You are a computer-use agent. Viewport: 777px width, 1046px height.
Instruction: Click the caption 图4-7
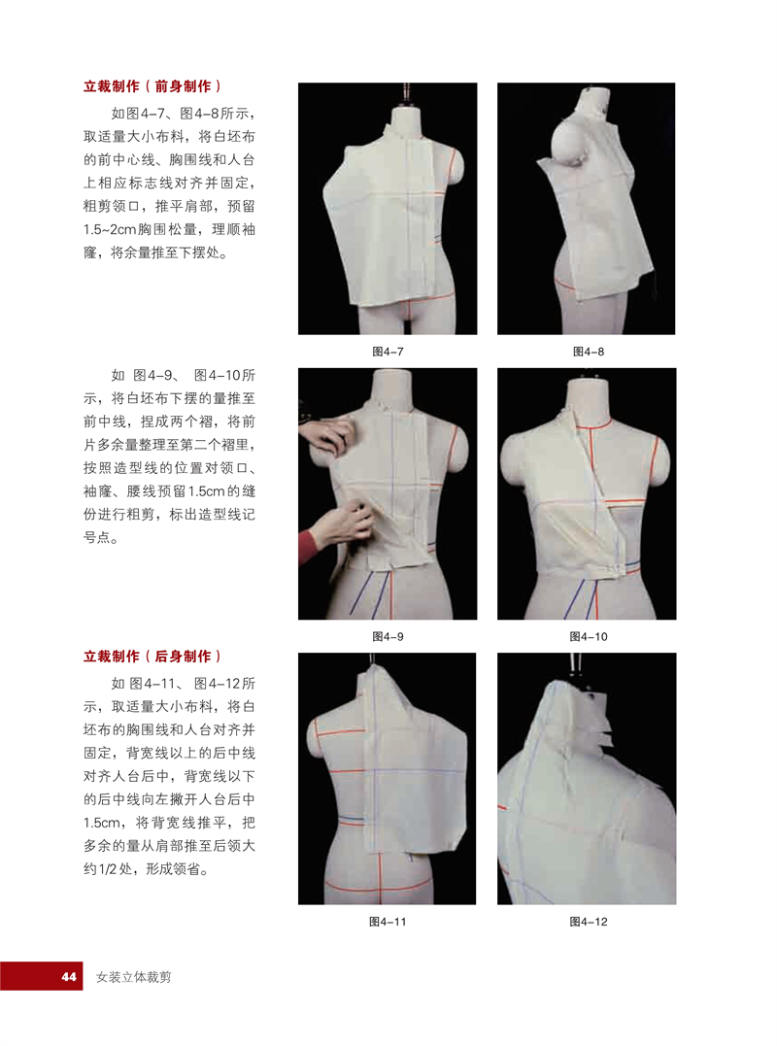[388, 352]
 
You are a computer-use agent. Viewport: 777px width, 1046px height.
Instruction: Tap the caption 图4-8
[589, 352]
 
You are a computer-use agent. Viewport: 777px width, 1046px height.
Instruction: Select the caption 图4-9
[388, 636]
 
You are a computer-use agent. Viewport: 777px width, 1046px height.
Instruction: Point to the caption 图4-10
[589, 636]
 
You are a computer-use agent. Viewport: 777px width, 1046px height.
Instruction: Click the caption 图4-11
[388, 922]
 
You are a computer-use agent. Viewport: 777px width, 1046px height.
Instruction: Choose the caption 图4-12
[589, 922]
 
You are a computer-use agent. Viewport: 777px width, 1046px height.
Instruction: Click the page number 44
[69, 977]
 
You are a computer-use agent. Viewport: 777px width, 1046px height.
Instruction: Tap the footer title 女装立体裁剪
[133, 977]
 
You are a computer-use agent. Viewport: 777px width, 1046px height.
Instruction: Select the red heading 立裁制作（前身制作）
[152, 86]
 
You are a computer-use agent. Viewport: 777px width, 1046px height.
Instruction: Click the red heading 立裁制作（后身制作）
[152, 657]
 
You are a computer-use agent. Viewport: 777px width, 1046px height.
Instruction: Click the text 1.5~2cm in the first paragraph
[110, 229]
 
